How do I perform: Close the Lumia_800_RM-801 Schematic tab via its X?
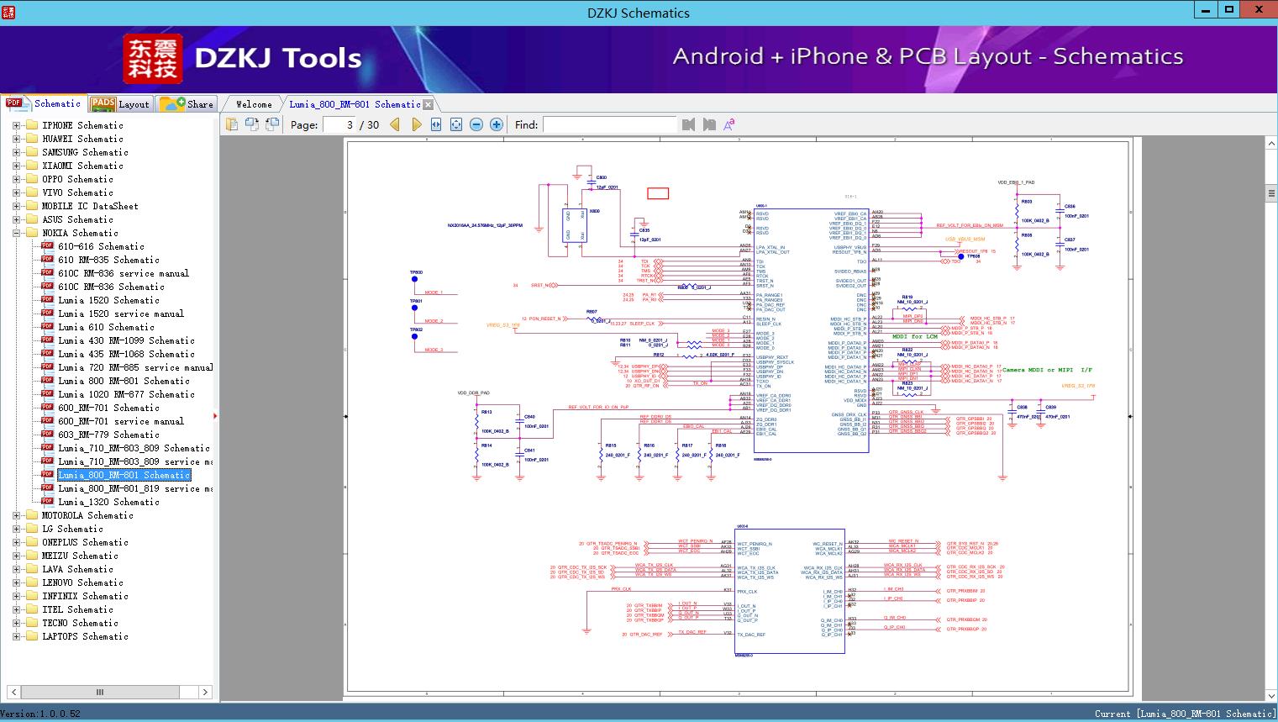[x=429, y=104]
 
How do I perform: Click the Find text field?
[x=609, y=124]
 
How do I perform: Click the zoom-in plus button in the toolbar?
[x=497, y=124]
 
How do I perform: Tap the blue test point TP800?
[x=414, y=280]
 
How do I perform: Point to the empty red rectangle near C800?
[x=658, y=193]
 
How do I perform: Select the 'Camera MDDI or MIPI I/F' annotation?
[x=1047, y=370]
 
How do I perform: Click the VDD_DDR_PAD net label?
[x=473, y=393]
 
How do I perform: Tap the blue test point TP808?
[x=961, y=256]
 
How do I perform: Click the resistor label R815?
[x=610, y=445]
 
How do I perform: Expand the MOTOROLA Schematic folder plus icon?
[x=16, y=515]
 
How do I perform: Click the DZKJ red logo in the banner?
[x=152, y=59]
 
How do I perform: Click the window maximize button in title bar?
[x=1229, y=10]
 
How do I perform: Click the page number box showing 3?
[x=339, y=124]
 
